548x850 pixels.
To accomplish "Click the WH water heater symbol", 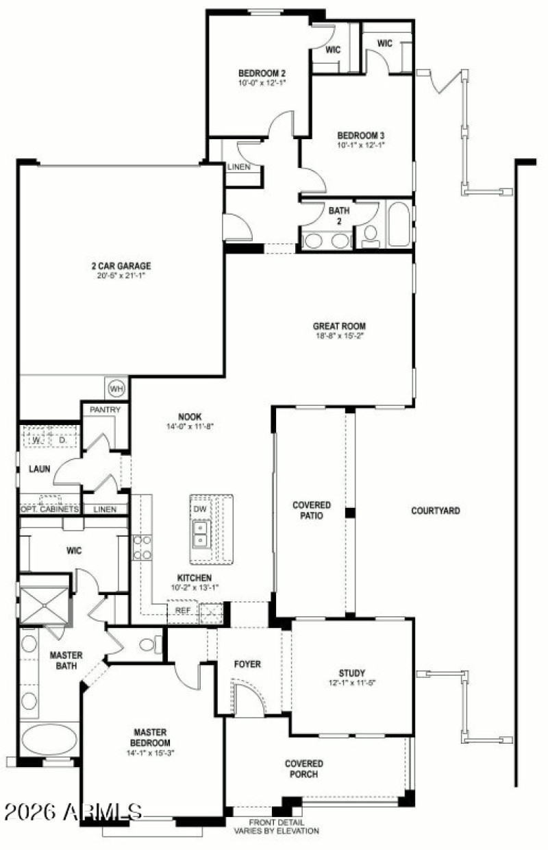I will coord(117,389).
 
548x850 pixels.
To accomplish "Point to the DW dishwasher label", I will coord(200,509).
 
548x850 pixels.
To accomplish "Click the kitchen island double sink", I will coord(201,534).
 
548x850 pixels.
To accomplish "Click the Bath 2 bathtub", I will coord(399,223).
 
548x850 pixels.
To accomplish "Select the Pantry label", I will coord(105,410).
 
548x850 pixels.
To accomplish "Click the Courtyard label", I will coord(436,511).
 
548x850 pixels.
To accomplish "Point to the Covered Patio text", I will coord(312,511).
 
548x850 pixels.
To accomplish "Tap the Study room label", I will coord(351,672).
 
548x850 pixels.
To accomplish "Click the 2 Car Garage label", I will coord(121,266).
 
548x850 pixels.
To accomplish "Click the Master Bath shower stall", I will coord(45,600).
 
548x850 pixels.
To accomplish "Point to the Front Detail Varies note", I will coord(276,827).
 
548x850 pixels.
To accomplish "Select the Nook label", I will coord(190,416).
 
